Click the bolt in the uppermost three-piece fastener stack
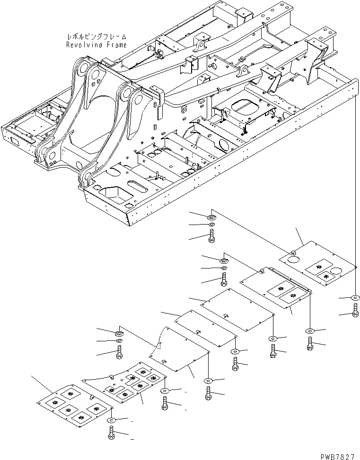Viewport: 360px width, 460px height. (211, 236)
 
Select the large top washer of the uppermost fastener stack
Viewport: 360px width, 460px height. (211, 217)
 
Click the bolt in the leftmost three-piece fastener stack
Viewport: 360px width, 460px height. (119, 352)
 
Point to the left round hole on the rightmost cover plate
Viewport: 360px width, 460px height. (292, 259)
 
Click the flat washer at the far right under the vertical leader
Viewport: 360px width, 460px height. (355, 298)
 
